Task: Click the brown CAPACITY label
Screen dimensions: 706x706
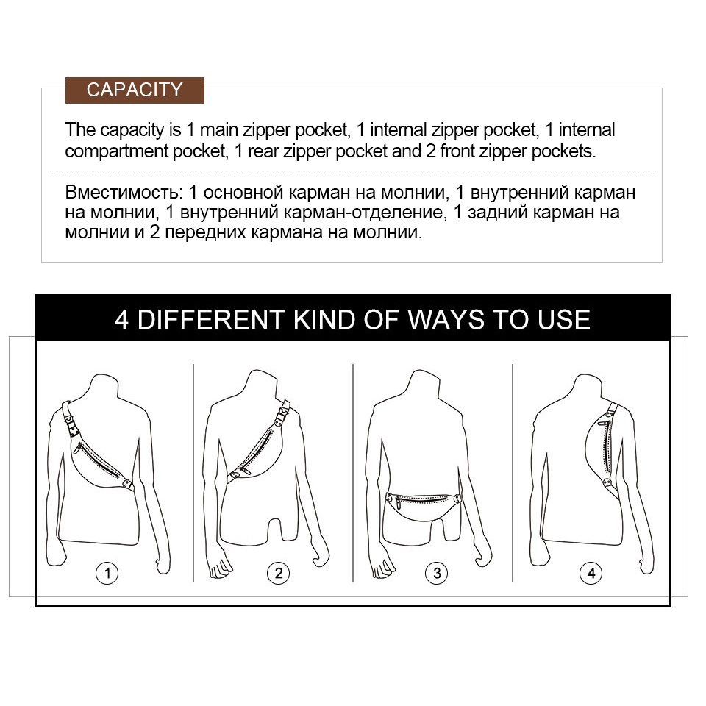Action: tap(135, 90)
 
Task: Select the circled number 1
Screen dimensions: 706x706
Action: tap(107, 573)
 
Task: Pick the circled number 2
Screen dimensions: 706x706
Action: tap(278, 573)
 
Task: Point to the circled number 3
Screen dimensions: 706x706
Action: tap(437, 573)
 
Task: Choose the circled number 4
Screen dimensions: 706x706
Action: tap(591, 573)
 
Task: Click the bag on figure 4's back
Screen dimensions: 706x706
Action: tap(602, 454)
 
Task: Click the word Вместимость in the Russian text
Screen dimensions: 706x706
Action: tap(124, 193)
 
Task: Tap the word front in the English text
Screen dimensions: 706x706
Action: tap(457, 151)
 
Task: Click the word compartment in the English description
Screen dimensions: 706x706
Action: tap(116, 151)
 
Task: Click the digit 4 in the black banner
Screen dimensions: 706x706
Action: tap(121, 320)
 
